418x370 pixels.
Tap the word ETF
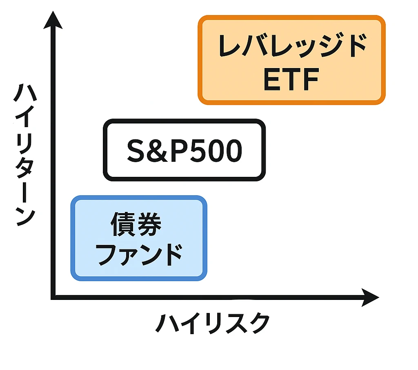[x=291, y=80]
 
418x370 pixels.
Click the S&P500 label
[x=184, y=151]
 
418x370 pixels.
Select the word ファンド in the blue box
[x=139, y=255]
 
